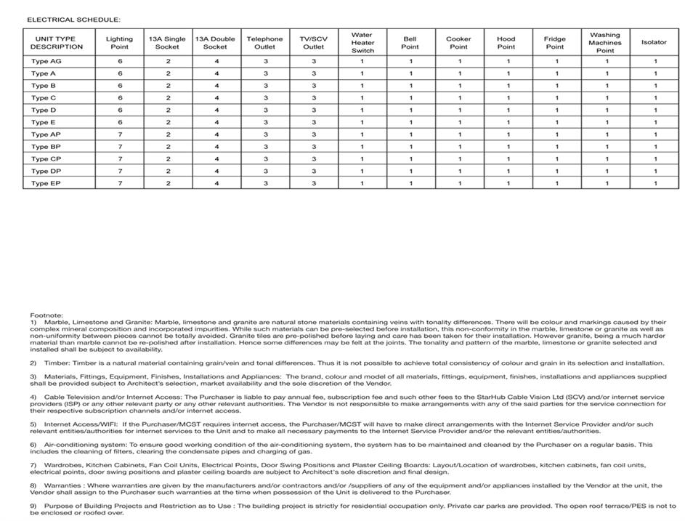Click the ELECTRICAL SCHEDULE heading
pyautogui.click(x=73, y=20)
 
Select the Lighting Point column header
pyautogui.click(x=119, y=43)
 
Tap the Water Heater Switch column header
pyautogui.click(x=362, y=43)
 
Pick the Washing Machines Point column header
pyautogui.click(x=604, y=43)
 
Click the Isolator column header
pyautogui.click(x=653, y=42)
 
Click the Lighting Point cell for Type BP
pyautogui.click(x=120, y=147)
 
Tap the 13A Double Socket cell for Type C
pyautogui.click(x=216, y=98)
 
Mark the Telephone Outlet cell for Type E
pyautogui.click(x=265, y=122)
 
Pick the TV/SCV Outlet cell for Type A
pyautogui.click(x=314, y=73)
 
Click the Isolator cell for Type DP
pyautogui.click(x=654, y=171)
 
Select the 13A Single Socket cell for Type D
pyautogui.click(x=168, y=110)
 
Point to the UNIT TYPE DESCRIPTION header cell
pyautogui.click(x=57, y=43)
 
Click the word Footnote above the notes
pyautogui.click(x=46, y=315)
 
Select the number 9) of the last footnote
pyautogui.click(x=33, y=506)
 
